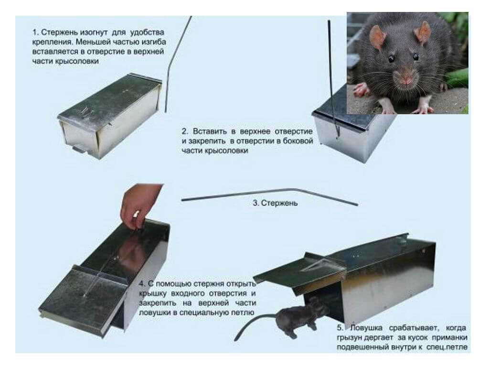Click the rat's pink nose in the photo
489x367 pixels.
406,80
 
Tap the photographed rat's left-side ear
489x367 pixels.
378,37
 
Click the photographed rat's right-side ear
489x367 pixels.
423,32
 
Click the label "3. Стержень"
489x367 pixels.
275,203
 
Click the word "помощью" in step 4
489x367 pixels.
173,284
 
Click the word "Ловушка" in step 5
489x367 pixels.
366,328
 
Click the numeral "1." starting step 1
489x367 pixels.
35,32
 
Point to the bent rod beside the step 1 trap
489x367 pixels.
177,64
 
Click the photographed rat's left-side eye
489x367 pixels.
391,58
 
